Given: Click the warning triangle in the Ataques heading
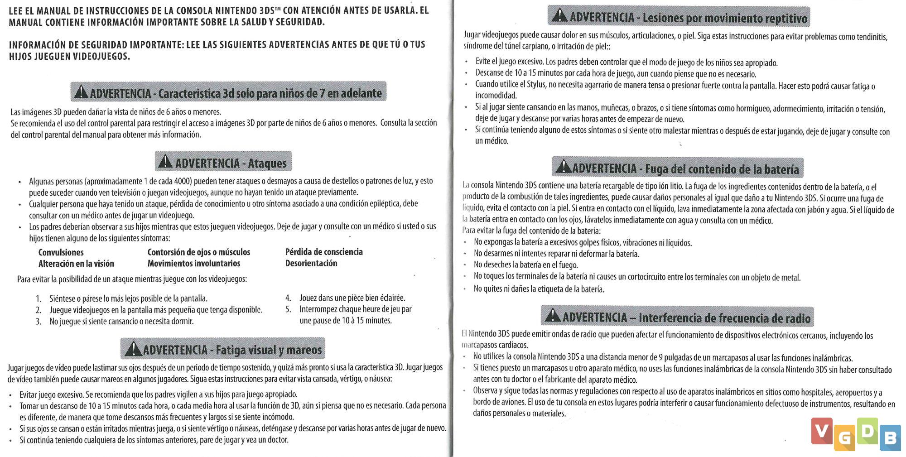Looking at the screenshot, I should [165, 162].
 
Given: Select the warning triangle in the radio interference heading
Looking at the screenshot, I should [553, 315].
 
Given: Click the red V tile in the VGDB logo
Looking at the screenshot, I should [822, 431].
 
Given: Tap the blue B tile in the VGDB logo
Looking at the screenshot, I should [890, 438].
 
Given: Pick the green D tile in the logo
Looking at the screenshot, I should [867, 431].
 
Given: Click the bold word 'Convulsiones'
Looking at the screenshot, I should [61, 252].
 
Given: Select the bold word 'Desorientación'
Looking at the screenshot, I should [311, 263].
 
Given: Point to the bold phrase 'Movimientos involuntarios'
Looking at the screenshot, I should [193, 263].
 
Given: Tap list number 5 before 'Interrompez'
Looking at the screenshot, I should [288, 310].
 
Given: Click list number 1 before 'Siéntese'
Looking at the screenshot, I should [39, 298].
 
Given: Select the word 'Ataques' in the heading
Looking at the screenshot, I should [267, 163].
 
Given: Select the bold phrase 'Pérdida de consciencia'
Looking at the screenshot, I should [324, 252].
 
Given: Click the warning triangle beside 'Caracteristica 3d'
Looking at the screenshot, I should [81, 92].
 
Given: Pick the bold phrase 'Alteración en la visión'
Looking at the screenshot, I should [76, 264].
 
